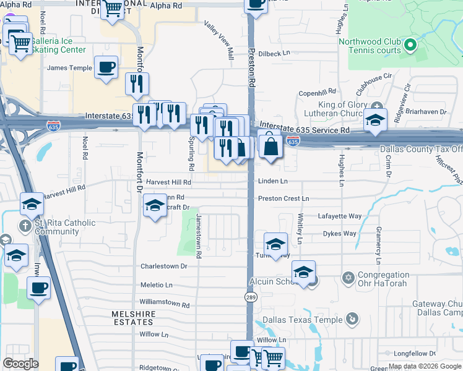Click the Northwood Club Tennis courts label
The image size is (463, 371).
pyautogui.click(x=370, y=46)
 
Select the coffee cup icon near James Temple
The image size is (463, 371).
pyautogui.click(x=106, y=67)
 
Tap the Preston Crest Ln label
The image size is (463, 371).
pyautogui.click(x=283, y=198)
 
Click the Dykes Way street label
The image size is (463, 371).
pyautogui.click(x=339, y=234)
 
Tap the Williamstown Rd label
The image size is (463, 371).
pyautogui.click(x=164, y=304)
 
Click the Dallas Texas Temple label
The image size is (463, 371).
pyautogui.click(x=302, y=320)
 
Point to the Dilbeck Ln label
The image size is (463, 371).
pyautogui.click(x=274, y=53)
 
